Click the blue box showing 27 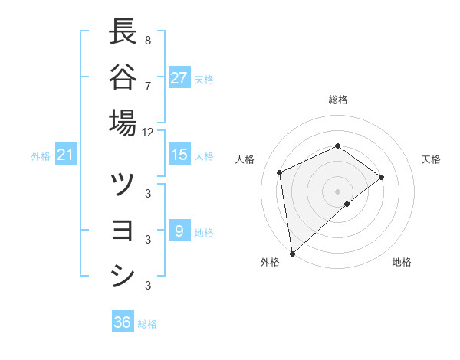(x=179, y=77)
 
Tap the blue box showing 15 (x=179, y=155)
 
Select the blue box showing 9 (x=179, y=231)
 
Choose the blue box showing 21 (x=65, y=155)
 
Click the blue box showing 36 (x=123, y=322)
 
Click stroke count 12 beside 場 (x=148, y=132)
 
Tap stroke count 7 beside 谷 (x=147, y=85)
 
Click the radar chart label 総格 (x=338, y=100)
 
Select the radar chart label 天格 (x=432, y=159)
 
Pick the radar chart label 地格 (x=402, y=262)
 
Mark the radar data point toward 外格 (x=292, y=253)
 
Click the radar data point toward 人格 (x=280, y=172)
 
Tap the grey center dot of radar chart (x=338, y=191)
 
